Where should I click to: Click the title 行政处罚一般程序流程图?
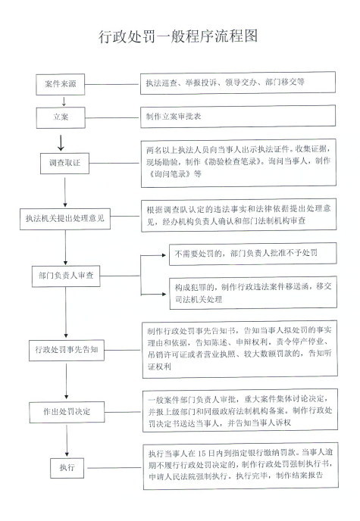178,36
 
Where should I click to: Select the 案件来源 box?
61,84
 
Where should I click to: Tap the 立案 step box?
61,117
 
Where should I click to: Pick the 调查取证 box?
65,163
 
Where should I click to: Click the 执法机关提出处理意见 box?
65,219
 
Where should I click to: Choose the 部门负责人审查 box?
66,276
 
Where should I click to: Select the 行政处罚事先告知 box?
67,350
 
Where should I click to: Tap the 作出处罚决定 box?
67,412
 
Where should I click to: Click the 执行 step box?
67,468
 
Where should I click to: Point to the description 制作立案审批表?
174,117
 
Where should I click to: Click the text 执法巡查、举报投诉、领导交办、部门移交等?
225,83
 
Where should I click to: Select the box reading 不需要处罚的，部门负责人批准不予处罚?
252,254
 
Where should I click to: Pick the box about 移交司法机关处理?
253,293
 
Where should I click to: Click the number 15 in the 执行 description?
202,454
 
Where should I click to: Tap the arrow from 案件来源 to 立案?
64,101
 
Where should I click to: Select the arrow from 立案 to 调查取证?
61,143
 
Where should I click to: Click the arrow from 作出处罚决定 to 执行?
67,440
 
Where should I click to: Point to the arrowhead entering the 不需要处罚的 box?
164,255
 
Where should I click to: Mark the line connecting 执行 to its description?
114,468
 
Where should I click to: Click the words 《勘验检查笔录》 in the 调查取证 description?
230,162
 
